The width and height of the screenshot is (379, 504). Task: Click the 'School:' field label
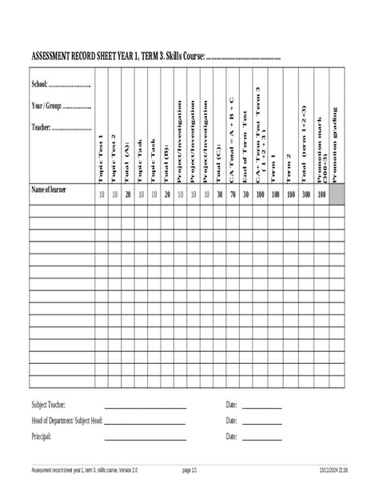click(x=40, y=84)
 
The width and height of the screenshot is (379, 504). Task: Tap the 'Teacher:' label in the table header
click(x=42, y=127)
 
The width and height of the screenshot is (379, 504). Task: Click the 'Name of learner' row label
click(x=49, y=190)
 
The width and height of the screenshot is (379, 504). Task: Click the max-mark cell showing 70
click(x=232, y=194)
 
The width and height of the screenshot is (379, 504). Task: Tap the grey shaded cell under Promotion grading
click(x=335, y=194)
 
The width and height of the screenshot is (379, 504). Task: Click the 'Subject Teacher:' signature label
click(x=49, y=406)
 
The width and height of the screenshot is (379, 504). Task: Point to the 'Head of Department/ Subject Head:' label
click(x=67, y=421)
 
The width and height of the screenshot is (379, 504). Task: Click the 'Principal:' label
click(x=42, y=437)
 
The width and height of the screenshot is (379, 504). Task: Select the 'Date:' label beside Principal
click(x=232, y=437)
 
